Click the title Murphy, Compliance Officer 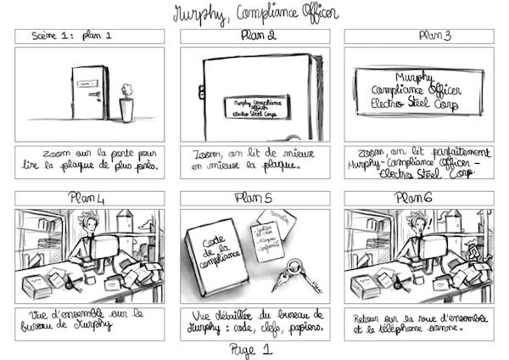[x=255, y=13]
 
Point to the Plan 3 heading [x=418, y=36]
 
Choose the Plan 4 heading [x=90, y=198]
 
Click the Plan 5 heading [x=255, y=198]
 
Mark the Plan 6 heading [x=417, y=198]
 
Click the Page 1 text [x=255, y=349]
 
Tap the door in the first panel [x=90, y=93]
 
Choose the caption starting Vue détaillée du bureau [x=255, y=323]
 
